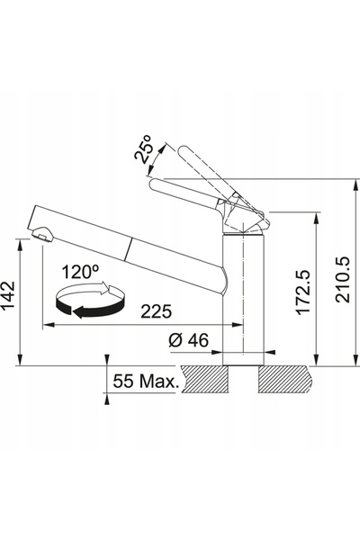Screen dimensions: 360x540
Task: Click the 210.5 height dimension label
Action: (x=343, y=279)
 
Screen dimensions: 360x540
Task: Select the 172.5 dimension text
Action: (x=304, y=292)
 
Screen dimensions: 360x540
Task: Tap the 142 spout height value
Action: (x=8, y=295)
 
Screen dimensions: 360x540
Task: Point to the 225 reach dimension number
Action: (x=156, y=311)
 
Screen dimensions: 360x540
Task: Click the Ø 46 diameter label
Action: (x=189, y=340)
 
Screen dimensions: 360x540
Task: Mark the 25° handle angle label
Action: (x=144, y=148)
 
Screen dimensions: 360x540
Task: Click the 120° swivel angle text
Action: (x=80, y=272)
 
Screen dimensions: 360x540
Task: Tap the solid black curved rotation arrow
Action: (x=90, y=309)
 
